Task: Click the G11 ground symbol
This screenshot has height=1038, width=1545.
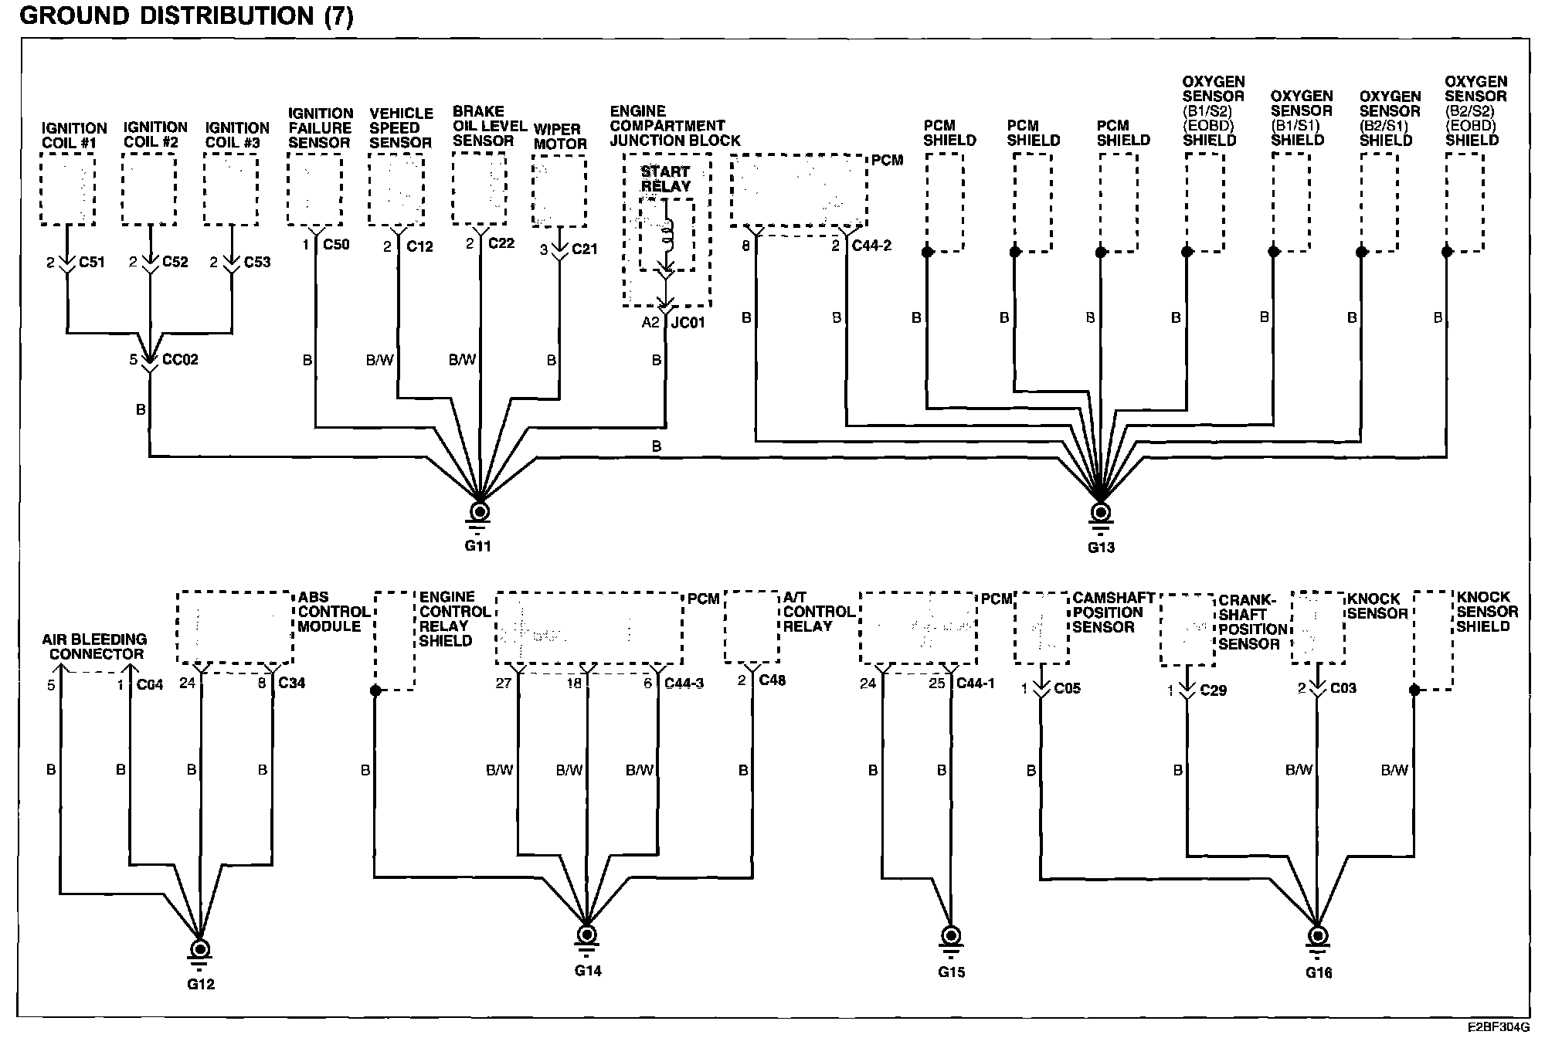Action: tap(480, 513)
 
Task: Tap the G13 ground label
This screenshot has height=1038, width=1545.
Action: tap(1101, 548)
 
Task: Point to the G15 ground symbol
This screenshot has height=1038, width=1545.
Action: tap(951, 937)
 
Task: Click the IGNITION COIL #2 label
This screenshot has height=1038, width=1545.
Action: tap(155, 134)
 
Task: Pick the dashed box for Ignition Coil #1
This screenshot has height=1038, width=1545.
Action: tap(68, 189)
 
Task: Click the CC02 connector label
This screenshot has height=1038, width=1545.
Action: tap(179, 360)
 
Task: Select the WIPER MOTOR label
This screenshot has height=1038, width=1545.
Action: tap(559, 136)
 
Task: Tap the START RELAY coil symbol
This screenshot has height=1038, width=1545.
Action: tap(667, 232)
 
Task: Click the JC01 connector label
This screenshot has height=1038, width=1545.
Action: tap(687, 322)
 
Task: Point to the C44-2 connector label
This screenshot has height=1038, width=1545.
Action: tap(871, 246)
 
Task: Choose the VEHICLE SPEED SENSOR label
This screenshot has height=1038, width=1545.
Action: tap(400, 127)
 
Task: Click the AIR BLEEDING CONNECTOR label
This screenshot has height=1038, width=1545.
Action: tap(93, 646)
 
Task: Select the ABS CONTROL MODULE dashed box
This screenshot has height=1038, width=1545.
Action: tap(235, 627)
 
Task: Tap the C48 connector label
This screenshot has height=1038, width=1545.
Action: tap(772, 680)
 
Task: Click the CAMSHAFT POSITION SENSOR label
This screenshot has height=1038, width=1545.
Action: tap(1112, 612)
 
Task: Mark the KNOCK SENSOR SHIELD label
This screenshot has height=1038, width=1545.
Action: tap(1486, 612)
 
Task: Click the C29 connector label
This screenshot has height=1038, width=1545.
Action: tap(1213, 690)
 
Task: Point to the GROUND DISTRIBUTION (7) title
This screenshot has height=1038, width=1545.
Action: tap(186, 15)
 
